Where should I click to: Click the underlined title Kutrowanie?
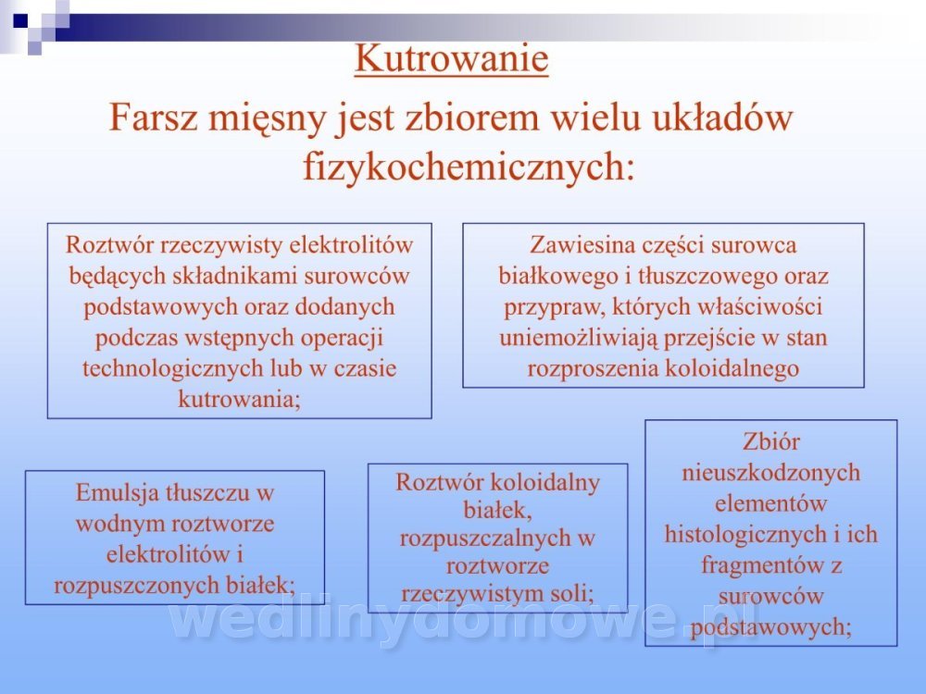tap(451, 58)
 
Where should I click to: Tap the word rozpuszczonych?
tap(137, 586)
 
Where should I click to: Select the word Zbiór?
tap(770, 441)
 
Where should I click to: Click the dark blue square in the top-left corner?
tap(20, 21)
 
